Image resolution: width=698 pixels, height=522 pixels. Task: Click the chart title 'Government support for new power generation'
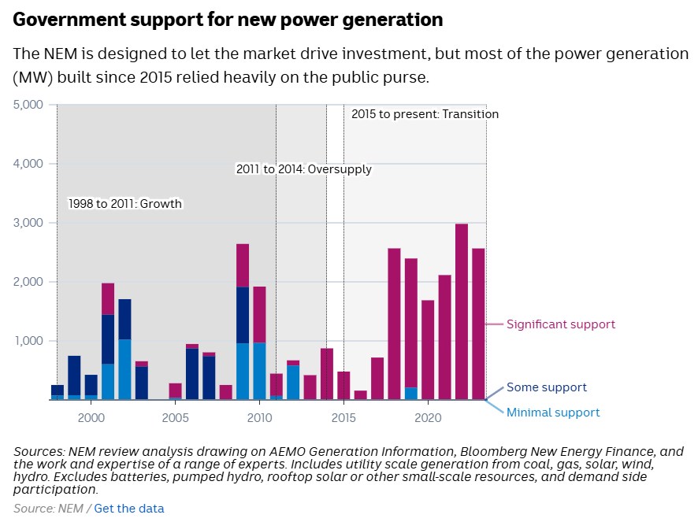[x=228, y=20]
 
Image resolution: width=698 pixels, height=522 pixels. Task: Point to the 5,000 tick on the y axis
[x=30, y=105]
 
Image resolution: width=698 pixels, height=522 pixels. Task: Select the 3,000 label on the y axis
[x=30, y=223]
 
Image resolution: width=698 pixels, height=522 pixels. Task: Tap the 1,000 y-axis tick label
[x=30, y=341]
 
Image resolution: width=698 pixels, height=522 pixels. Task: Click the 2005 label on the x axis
[x=175, y=416]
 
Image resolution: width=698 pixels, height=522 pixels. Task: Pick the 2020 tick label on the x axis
[x=428, y=416]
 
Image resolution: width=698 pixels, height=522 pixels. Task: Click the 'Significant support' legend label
[x=561, y=324]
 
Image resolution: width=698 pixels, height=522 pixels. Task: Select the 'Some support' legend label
[x=547, y=387]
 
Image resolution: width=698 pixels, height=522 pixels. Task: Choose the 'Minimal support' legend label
[x=553, y=413]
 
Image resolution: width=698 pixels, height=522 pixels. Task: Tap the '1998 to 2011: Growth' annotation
[x=125, y=204]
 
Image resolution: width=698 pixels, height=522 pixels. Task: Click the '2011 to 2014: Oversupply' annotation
[x=304, y=169]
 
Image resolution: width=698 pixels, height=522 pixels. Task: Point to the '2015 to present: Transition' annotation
[x=425, y=114]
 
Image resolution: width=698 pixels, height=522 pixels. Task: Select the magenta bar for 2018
[x=394, y=323]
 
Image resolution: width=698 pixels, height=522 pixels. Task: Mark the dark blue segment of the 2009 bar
[x=243, y=315]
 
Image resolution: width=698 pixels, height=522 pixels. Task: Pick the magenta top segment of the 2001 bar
[x=108, y=298]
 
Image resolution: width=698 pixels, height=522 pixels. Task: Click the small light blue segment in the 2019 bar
[x=411, y=393]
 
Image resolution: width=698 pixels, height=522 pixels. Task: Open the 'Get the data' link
[x=129, y=509]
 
